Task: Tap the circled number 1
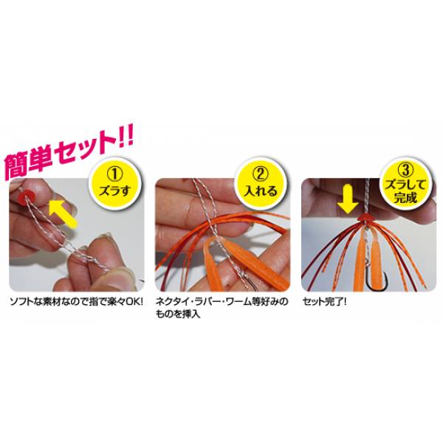pyautogui.click(x=114, y=174)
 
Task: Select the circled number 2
pyautogui.click(x=261, y=174)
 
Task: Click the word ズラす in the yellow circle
pyautogui.click(x=114, y=190)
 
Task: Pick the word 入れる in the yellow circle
pyautogui.click(x=261, y=191)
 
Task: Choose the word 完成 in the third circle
pyautogui.click(x=405, y=197)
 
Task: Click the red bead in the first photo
pyautogui.click(x=26, y=196)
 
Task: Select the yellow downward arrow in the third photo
pyautogui.click(x=348, y=199)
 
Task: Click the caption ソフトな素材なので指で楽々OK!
pyautogui.click(x=76, y=302)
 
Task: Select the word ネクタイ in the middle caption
pyautogui.click(x=171, y=302)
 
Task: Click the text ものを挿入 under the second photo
pyautogui.click(x=178, y=315)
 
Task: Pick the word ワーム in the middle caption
pyautogui.click(x=238, y=302)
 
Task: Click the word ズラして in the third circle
pyautogui.click(x=405, y=185)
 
